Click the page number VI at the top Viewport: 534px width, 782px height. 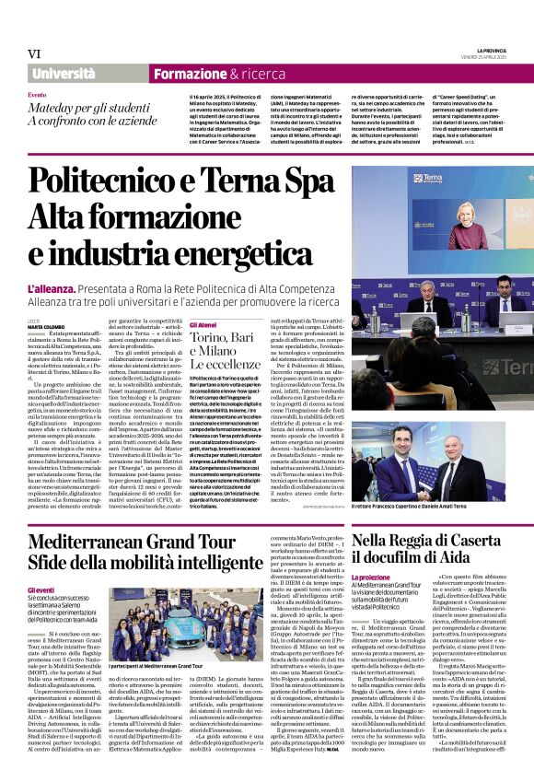click(34, 53)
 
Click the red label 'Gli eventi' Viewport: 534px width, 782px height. click(41, 589)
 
